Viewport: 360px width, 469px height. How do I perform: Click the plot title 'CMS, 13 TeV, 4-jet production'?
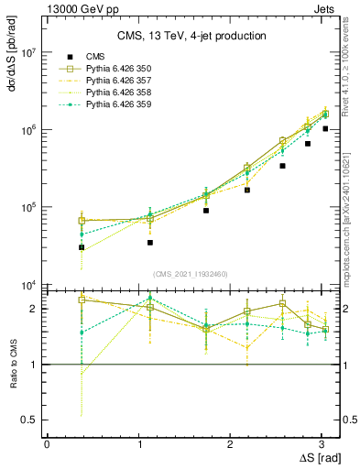coord(193,37)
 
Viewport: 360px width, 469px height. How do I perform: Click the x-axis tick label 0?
coord(47,443)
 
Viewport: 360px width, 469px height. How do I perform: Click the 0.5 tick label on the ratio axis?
coord(27,420)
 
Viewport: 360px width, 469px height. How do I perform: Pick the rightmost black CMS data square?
coord(325,129)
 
